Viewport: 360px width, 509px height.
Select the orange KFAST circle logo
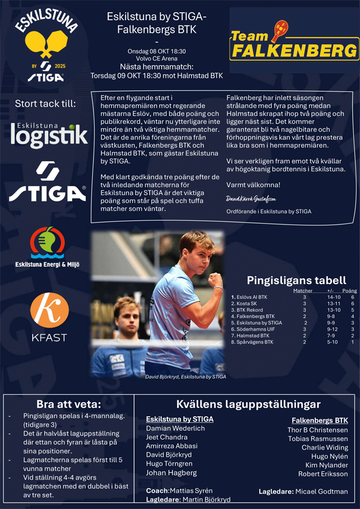pyautogui.click(x=49, y=310)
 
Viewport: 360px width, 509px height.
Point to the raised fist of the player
pyautogui.click(x=215, y=279)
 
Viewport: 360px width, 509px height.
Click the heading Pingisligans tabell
pyautogui.click(x=296, y=280)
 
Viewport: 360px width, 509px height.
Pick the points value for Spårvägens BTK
pyautogui.click(x=352, y=342)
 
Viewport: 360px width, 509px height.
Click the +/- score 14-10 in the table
pyautogui.click(x=333, y=297)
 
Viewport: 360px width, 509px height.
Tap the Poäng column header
pyautogui.click(x=349, y=291)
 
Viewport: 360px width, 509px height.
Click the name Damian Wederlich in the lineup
pyautogui.click(x=174, y=428)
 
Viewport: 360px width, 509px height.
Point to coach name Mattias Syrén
pyautogui.click(x=191, y=490)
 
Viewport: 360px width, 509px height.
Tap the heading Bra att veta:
pyautogui.click(x=69, y=405)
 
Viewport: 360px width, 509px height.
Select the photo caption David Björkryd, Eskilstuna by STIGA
pyautogui.click(x=186, y=377)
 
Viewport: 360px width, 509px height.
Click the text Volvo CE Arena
pyautogui.click(x=156, y=59)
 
